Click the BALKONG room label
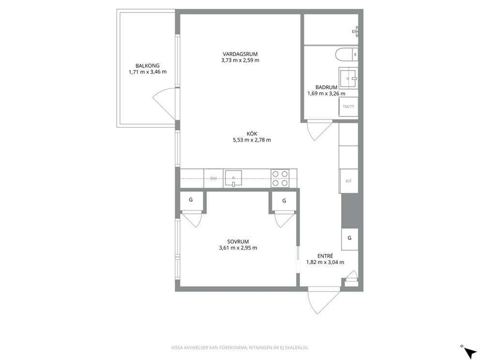click(148, 65)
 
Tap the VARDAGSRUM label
click(240, 54)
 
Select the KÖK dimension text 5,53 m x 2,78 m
click(252, 140)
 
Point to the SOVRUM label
click(238, 241)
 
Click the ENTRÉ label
click(325, 256)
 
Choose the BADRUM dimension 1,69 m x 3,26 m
click(326, 94)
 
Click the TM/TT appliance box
click(348, 107)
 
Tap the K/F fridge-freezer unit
click(348, 181)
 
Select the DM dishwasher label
click(213, 178)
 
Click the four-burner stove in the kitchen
click(280, 179)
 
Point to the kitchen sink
click(233, 178)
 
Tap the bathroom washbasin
click(348, 78)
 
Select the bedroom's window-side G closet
click(191, 201)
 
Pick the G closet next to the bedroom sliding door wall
click(284, 202)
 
